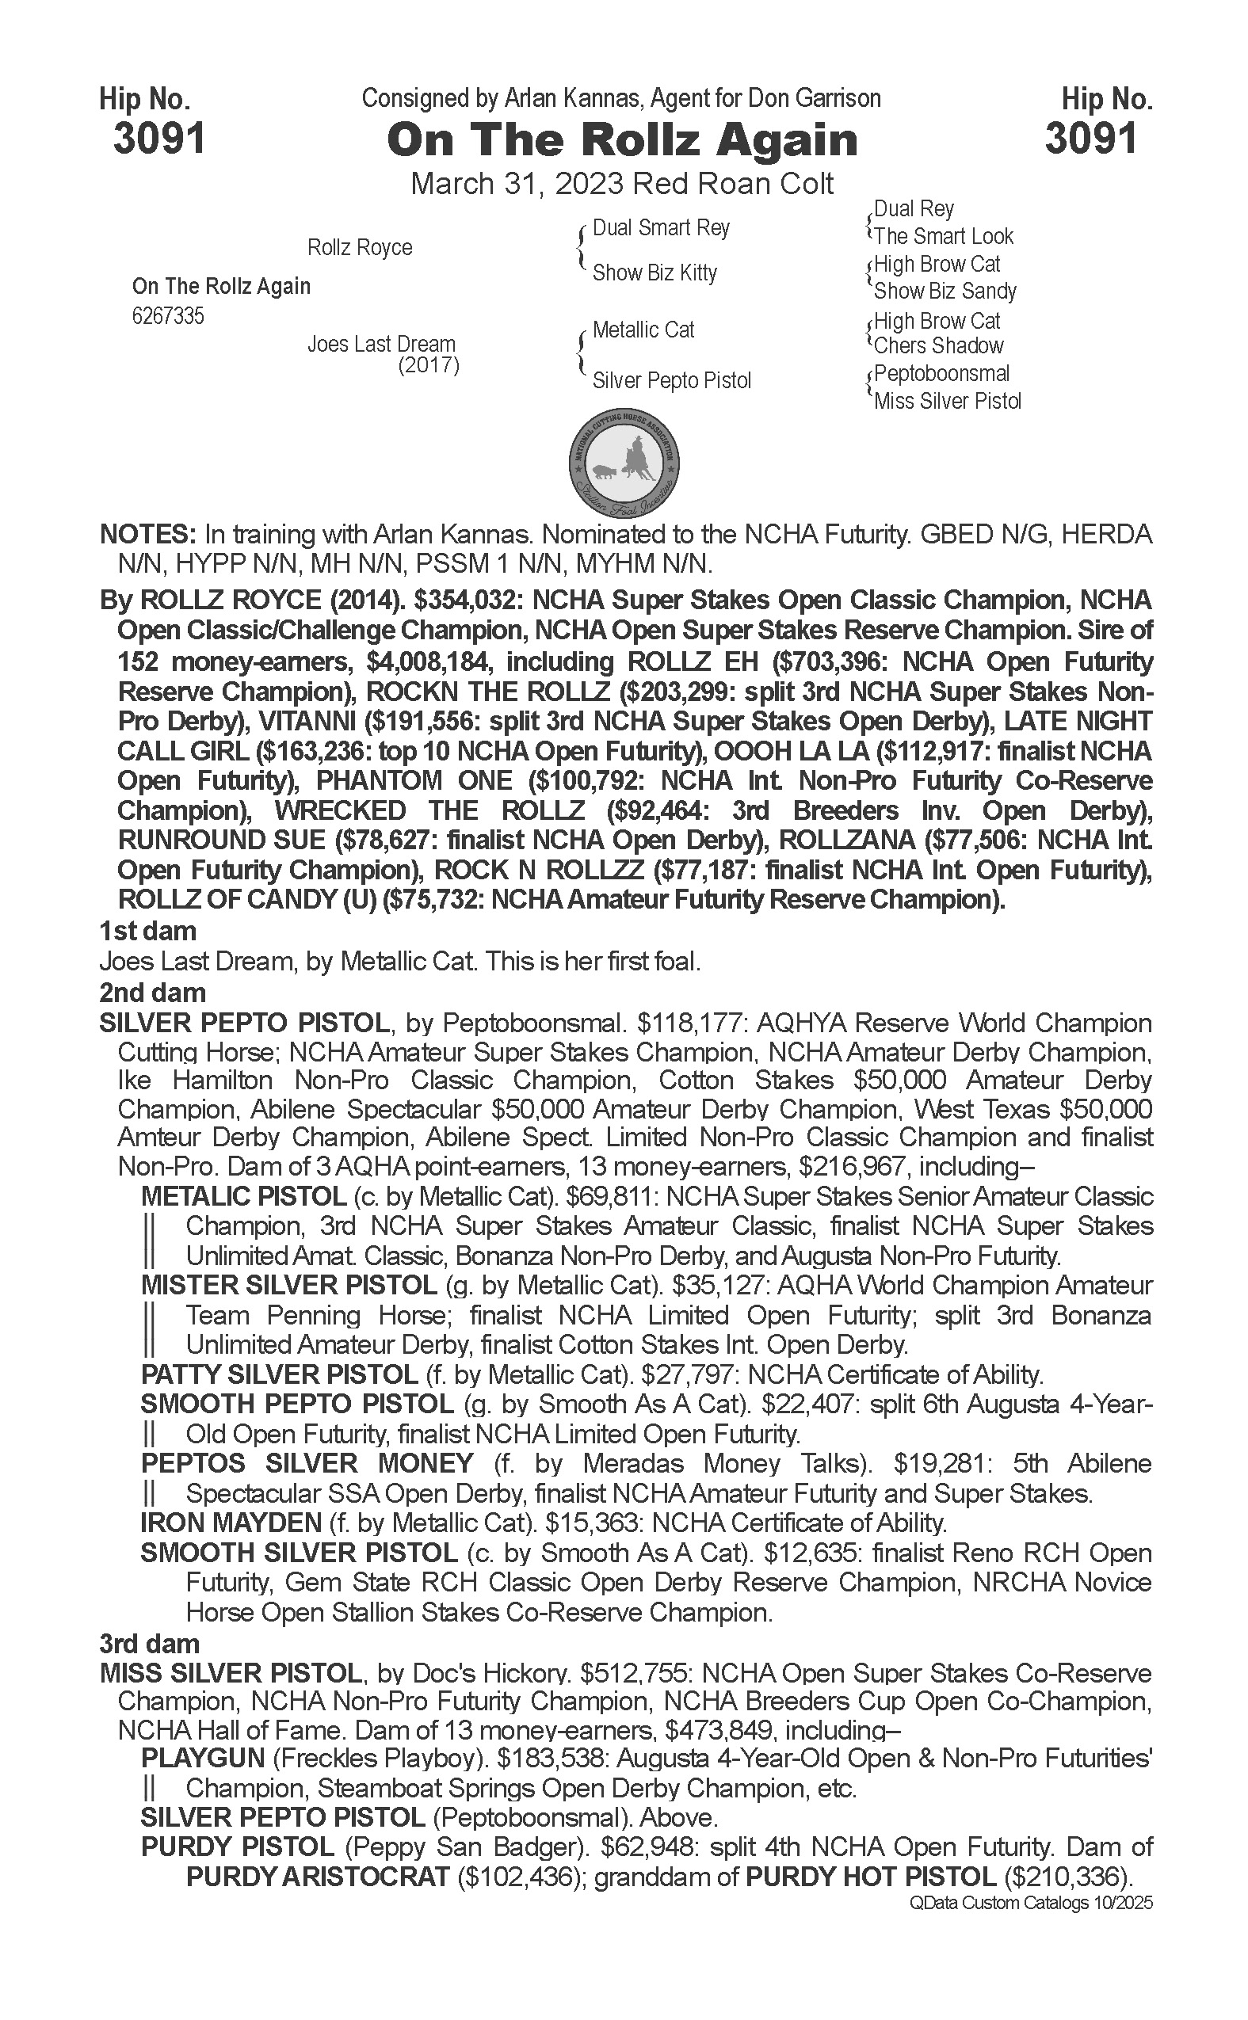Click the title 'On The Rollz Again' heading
pyautogui.click(x=621, y=140)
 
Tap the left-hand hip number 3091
pyautogui.click(x=158, y=139)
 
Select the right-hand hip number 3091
pyautogui.click(x=1090, y=139)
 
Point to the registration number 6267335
pyautogui.click(x=167, y=316)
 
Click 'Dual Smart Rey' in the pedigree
pyautogui.click(x=660, y=228)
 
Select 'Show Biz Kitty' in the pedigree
pyautogui.click(x=655, y=273)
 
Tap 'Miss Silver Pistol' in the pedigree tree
pyautogui.click(x=947, y=401)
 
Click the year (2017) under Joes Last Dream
pyautogui.click(x=429, y=364)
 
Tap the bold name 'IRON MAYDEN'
pyautogui.click(x=231, y=1523)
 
